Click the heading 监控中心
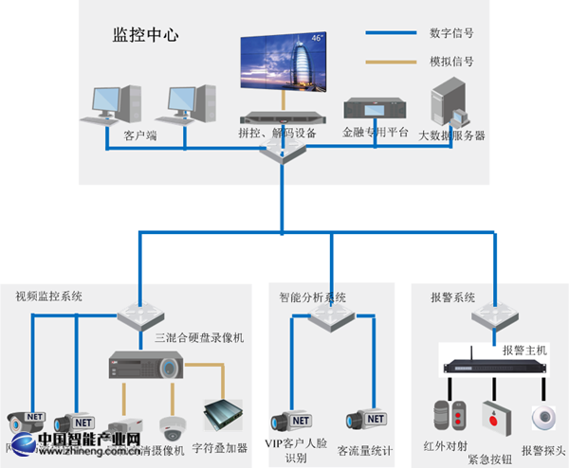tap(146, 36)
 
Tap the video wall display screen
tap(283, 63)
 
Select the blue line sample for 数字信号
tap(391, 33)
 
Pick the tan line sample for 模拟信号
tap(391, 63)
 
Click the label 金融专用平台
tap(376, 134)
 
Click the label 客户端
tap(139, 135)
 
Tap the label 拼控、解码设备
tap(277, 134)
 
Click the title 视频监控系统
tap(48, 296)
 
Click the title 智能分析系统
tap(312, 296)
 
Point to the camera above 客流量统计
tap(365, 421)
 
